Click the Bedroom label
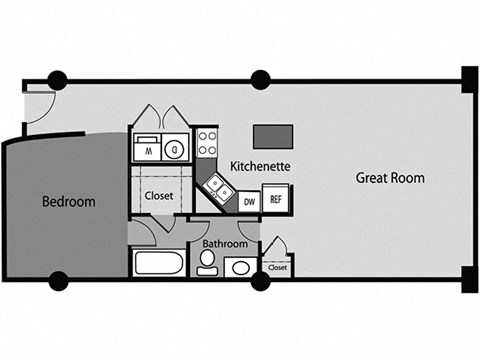[x=68, y=201]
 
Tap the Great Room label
[x=390, y=178]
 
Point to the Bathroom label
[x=226, y=243]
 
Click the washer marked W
[x=146, y=150]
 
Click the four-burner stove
[x=208, y=143]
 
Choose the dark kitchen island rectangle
[x=272, y=137]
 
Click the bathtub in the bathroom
[x=158, y=265]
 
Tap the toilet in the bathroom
[x=207, y=263]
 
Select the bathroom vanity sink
[x=239, y=267]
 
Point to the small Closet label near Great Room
[x=277, y=268]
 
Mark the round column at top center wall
[x=261, y=79]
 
